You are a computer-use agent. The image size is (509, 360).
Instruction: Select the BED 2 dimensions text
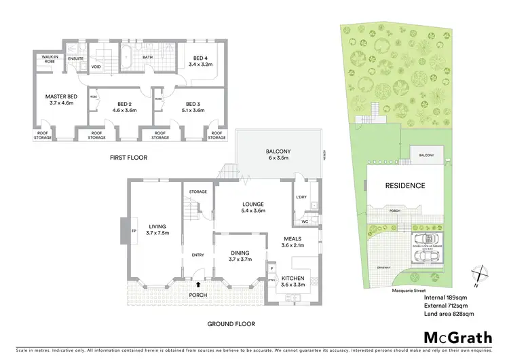(x=124, y=110)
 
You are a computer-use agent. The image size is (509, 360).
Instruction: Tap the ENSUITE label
(x=75, y=58)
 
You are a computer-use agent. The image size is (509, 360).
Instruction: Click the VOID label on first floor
(x=96, y=67)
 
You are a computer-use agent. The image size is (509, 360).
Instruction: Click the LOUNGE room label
(x=252, y=204)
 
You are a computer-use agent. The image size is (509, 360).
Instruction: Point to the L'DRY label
(x=302, y=197)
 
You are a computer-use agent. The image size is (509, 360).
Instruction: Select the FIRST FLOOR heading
(x=128, y=158)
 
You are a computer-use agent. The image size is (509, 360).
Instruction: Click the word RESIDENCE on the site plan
(x=405, y=185)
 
